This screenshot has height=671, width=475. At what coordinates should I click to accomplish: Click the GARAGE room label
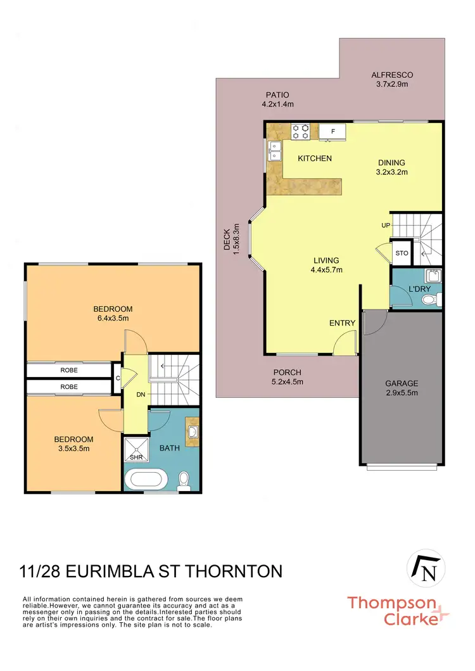(x=402, y=383)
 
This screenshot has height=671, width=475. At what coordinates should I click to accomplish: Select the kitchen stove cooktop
(x=301, y=131)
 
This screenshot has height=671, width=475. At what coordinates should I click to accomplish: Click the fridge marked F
(x=332, y=131)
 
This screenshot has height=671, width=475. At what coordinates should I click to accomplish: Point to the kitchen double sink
(x=275, y=151)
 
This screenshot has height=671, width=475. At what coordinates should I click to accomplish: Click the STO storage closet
(x=402, y=253)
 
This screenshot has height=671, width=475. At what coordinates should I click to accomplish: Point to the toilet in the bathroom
(x=185, y=480)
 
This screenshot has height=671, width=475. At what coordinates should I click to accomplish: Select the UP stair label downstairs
(x=386, y=226)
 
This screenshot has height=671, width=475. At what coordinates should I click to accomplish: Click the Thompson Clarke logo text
(x=391, y=610)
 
